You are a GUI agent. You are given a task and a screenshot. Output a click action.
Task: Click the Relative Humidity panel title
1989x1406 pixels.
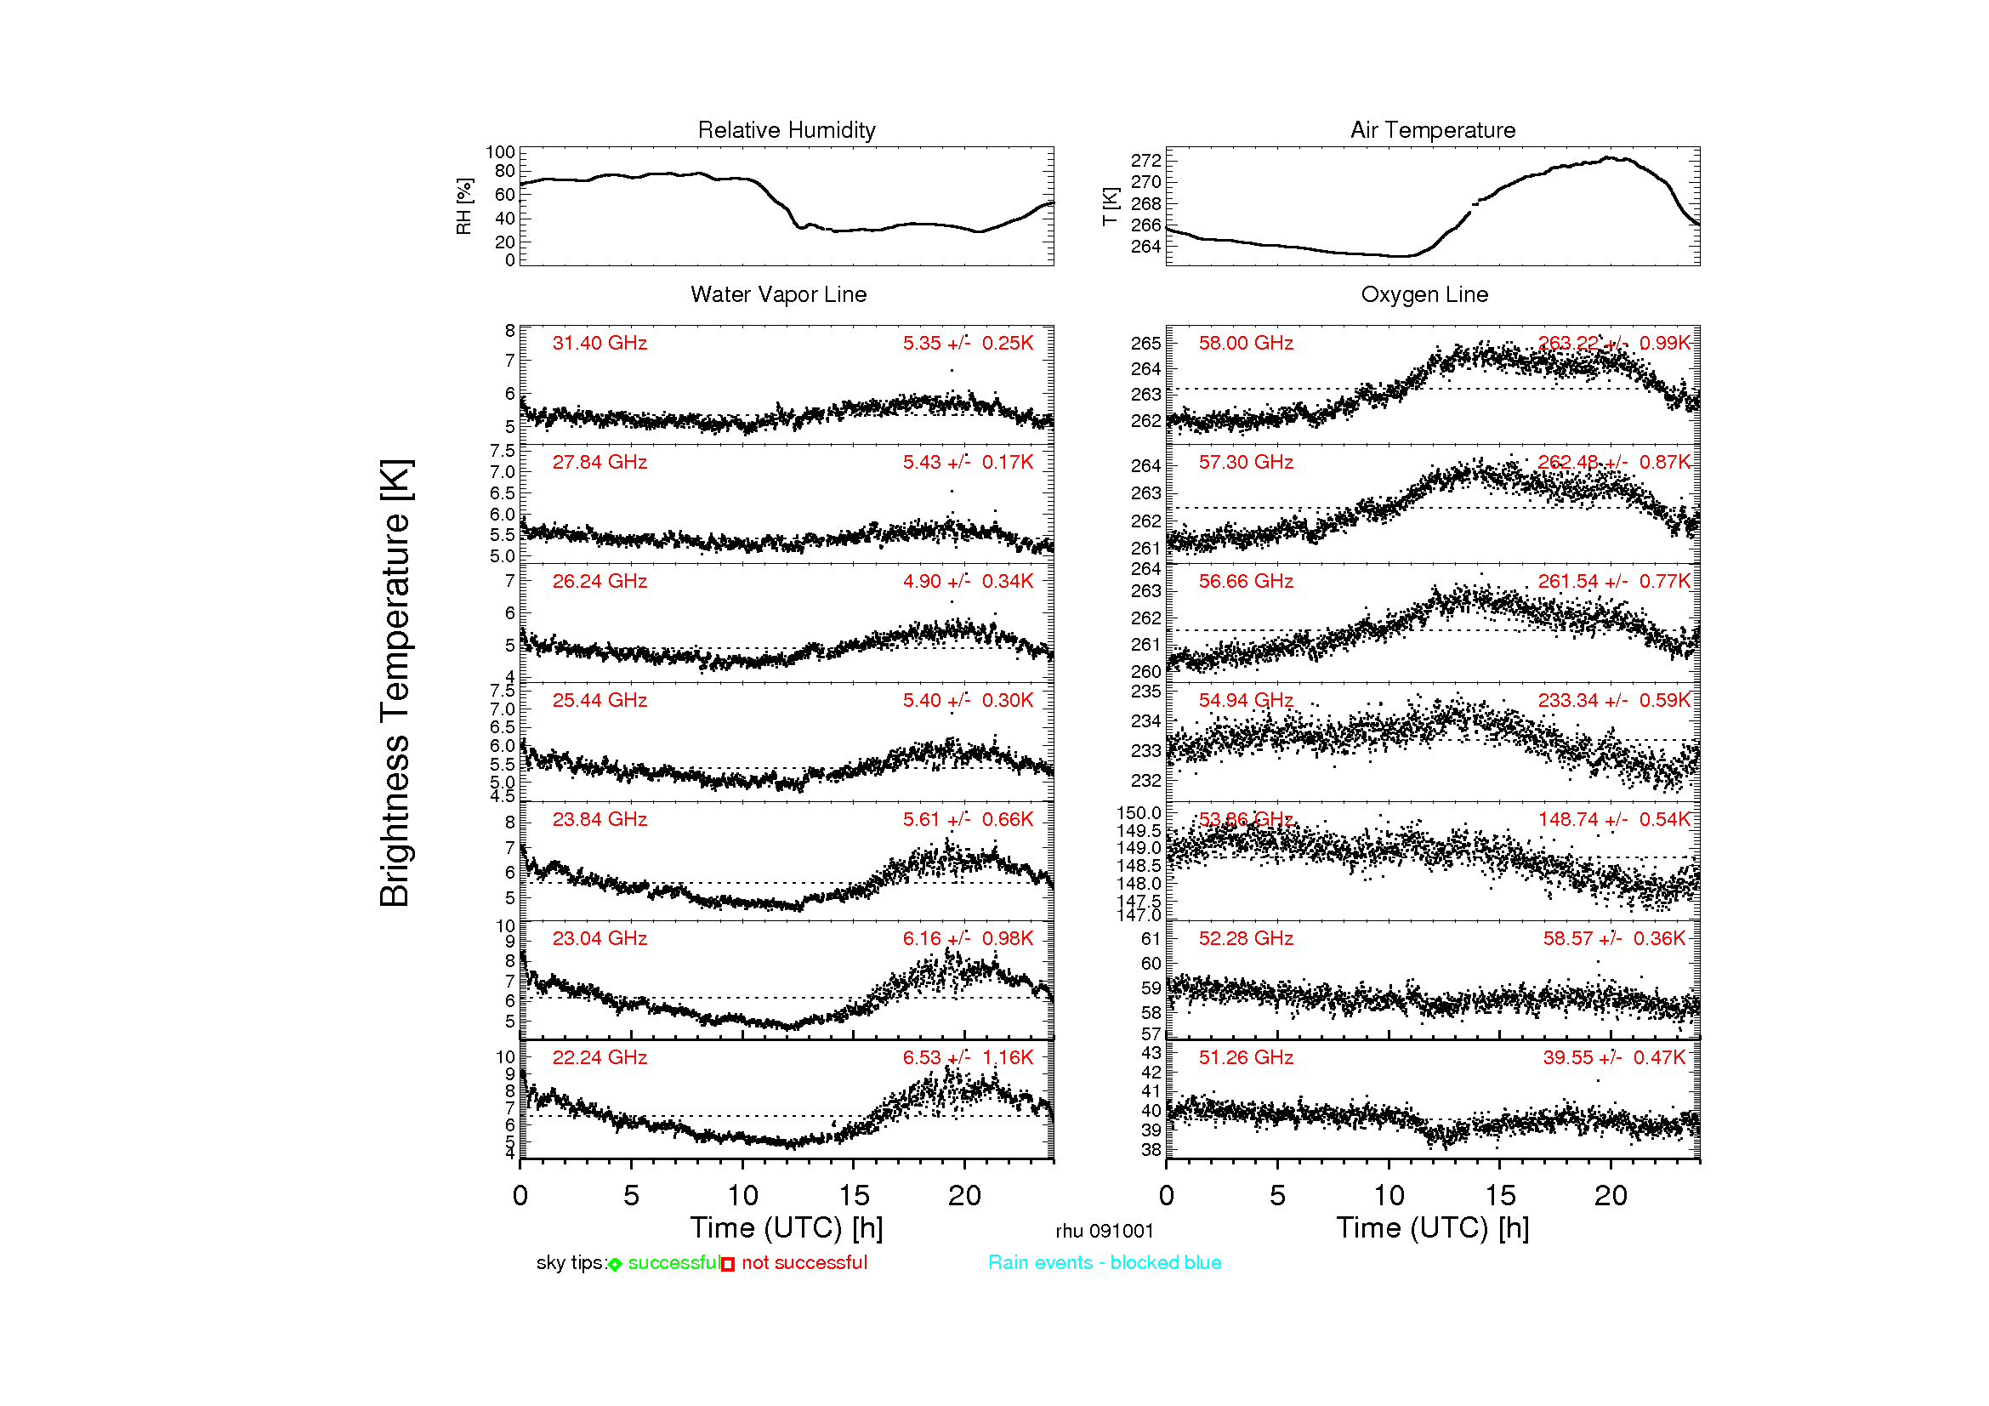pos(787,130)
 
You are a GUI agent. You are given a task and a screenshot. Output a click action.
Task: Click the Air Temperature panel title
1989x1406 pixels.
pos(1433,130)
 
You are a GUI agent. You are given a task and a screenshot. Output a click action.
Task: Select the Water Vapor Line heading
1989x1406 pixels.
pos(778,294)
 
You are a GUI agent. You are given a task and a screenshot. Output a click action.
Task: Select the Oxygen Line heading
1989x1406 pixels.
pos(1424,294)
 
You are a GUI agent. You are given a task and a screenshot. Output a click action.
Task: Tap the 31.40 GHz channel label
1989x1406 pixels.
pos(600,343)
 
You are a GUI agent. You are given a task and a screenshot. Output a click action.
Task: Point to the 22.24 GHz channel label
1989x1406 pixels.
pos(600,1058)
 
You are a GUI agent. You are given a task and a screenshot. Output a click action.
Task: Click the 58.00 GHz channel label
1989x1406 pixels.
pos(1246,343)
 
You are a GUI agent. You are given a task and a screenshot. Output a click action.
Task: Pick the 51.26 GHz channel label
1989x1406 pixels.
pos(1246,1058)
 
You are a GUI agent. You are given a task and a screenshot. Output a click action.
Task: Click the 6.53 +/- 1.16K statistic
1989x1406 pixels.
pos(968,1058)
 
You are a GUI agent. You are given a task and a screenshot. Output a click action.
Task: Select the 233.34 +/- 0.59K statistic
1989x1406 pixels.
pos(1614,701)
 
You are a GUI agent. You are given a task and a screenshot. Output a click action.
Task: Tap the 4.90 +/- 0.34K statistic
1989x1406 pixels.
pos(968,581)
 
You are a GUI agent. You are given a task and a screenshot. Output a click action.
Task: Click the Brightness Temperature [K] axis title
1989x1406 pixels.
pos(395,684)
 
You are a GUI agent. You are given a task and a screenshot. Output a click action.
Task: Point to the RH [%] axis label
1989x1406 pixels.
pos(464,206)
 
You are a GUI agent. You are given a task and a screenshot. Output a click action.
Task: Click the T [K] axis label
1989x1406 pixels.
pos(1111,206)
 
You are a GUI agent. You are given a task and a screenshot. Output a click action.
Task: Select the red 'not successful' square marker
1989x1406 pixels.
pos(729,1265)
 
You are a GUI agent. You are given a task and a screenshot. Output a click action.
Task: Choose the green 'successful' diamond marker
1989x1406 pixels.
pos(615,1265)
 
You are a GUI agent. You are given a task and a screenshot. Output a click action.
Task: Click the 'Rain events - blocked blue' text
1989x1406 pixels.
pos(1105,1263)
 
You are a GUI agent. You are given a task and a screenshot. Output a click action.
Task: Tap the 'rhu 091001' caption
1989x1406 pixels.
pos(1105,1232)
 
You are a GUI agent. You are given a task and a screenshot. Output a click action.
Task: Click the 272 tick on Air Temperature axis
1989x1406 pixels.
pos(1145,161)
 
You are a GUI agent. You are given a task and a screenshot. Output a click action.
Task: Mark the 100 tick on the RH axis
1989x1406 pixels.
pos(500,152)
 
